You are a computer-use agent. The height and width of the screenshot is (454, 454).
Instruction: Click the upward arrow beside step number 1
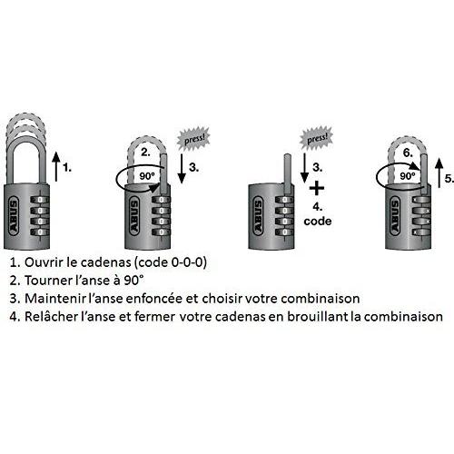(x=56, y=167)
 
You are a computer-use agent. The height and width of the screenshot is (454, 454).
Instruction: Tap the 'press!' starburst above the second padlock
(x=193, y=139)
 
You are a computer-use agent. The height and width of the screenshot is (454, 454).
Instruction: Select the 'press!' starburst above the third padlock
(x=317, y=138)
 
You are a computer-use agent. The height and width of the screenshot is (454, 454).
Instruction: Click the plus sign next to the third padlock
(x=317, y=189)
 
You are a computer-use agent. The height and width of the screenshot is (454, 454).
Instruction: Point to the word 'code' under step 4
(x=318, y=222)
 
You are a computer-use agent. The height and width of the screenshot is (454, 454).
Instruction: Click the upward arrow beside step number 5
(x=439, y=173)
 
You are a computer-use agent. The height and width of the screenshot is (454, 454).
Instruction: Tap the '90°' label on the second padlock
(x=147, y=175)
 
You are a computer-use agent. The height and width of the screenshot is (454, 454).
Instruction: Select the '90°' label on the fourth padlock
(x=408, y=175)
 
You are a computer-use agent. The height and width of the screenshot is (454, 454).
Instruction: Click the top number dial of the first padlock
(x=40, y=200)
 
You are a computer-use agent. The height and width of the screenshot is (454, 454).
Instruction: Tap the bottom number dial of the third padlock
(x=284, y=232)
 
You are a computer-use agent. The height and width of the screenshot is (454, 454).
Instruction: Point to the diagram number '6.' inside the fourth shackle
(x=408, y=153)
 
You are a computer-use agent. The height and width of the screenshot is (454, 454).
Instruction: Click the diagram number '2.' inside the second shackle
(x=145, y=152)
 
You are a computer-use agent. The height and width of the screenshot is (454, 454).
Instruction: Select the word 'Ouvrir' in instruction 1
(x=44, y=262)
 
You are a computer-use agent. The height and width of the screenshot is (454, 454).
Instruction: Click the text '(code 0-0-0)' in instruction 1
(x=170, y=262)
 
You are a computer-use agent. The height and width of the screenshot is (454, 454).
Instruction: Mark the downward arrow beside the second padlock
(x=182, y=168)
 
